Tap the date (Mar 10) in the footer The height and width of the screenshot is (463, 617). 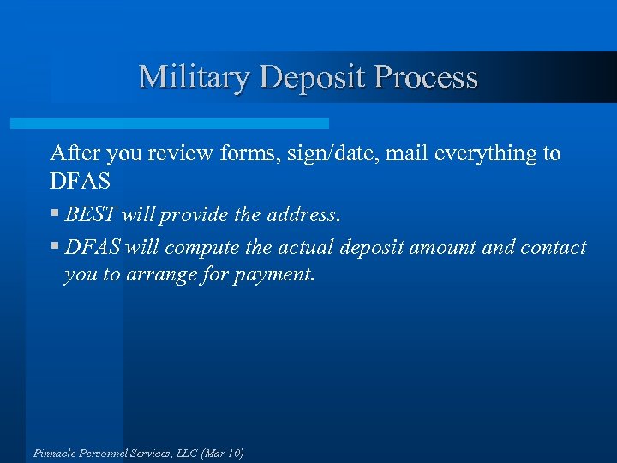pos(222,453)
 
